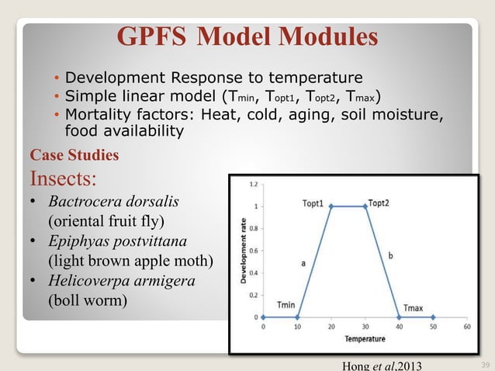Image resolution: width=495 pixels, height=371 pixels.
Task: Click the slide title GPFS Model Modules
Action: (247, 36)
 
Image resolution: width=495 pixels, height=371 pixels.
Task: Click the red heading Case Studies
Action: (74, 155)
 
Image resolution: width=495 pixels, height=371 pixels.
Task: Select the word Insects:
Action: (63, 179)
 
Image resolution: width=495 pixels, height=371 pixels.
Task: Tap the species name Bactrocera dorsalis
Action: (113, 202)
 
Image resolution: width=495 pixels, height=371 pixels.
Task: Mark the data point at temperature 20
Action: (331, 206)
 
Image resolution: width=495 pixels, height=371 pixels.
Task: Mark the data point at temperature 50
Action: (434, 317)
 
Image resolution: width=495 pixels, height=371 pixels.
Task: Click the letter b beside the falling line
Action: (390, 255)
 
